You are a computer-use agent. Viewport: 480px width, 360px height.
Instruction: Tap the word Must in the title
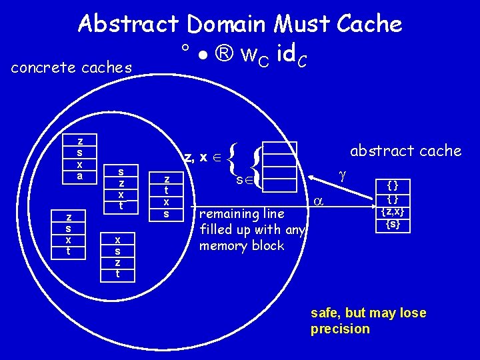click(299, 24)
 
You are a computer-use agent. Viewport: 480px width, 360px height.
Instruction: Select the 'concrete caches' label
click(72, 68)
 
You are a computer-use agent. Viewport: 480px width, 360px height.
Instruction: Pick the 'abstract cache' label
click(406, 151)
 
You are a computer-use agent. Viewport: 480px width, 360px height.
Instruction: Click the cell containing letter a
click(80, 176)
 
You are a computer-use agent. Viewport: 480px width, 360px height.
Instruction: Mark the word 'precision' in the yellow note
click(340, 329)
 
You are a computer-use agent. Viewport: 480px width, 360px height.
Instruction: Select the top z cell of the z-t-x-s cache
click(167, 179)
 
